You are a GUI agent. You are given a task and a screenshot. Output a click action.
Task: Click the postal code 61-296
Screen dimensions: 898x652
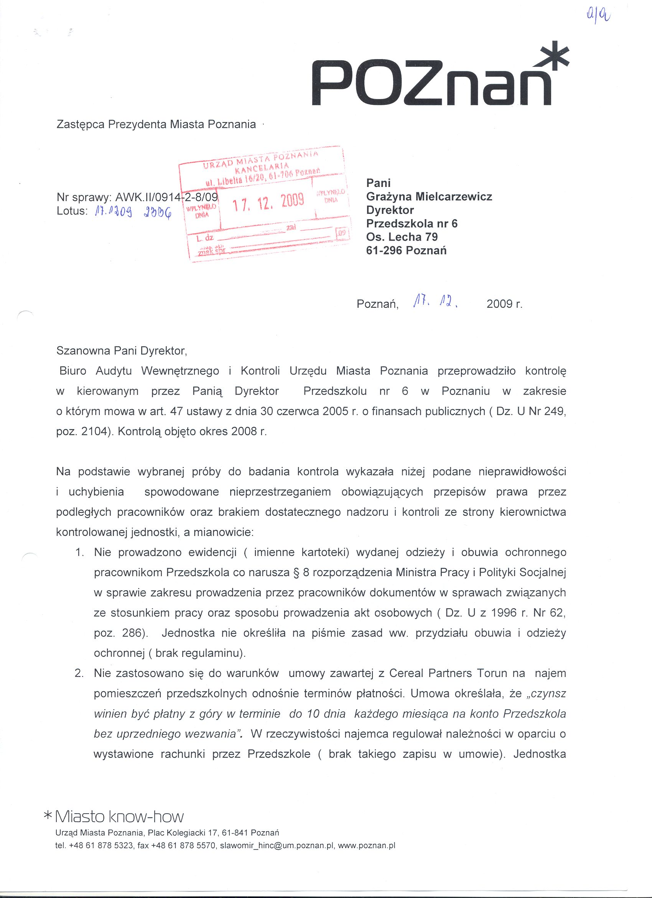[x=384, y=250]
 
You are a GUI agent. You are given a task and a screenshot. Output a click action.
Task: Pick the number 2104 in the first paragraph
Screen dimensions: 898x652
[x=93, y=431]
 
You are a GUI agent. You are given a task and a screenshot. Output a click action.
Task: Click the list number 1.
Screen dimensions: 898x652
[x=79, y=552]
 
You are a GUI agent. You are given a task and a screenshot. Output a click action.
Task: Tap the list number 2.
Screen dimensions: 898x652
[x=79, y=673]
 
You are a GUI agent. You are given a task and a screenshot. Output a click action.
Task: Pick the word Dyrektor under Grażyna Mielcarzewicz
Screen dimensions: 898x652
[x=390, y=210]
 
